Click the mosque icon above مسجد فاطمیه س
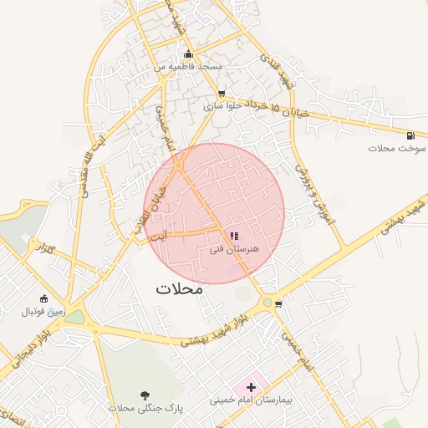tap(188, 54)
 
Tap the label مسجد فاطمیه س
tap(187, 65)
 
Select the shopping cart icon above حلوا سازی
tap(221, 94)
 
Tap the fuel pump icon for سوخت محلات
tap(410, 135)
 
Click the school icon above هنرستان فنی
tap(234, 237)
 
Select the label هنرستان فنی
tap(235, 249)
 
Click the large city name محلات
tap(180, 289)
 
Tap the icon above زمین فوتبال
tap(43, 298)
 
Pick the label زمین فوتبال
tap(43, 311)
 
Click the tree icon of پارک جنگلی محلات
tap(146, 395)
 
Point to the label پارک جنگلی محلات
tap(145, 407)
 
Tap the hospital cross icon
tap(251, 387)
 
